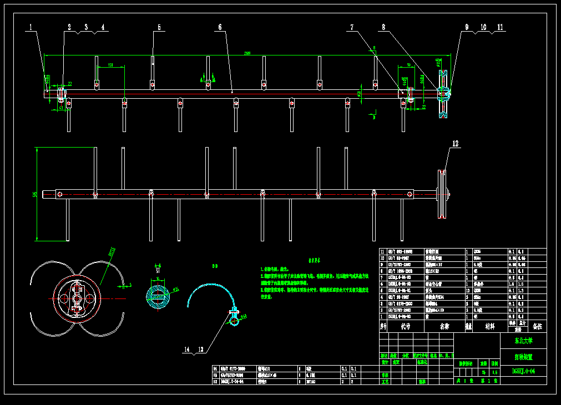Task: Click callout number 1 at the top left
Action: click(31, 27)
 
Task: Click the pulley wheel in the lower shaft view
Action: click(442, 194)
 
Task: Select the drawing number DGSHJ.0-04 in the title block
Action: click(523, 371)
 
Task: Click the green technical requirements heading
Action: click(314, 260)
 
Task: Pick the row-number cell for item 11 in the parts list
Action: click(382, 251)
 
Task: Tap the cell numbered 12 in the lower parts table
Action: click(216, 382)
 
